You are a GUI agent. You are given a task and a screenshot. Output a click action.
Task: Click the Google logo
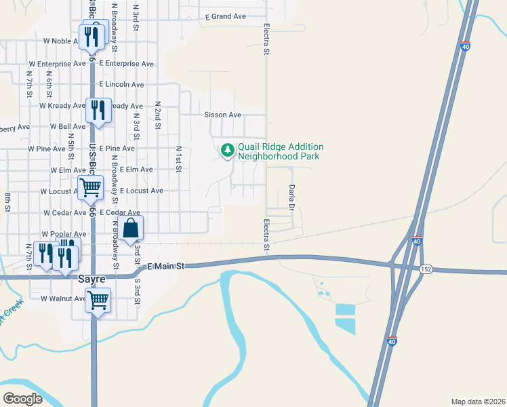pos(22,399)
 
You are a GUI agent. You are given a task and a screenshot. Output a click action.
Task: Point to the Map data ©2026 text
pos(478,402)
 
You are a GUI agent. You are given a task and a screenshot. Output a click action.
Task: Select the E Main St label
pos(165,267)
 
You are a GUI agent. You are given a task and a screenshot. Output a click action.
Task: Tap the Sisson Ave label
pos(223,115)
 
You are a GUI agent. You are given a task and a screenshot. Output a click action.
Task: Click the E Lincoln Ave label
pos(121,85)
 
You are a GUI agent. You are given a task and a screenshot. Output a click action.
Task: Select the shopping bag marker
pos(133,229)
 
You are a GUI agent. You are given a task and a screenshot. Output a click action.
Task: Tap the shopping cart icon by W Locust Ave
pos(89,187)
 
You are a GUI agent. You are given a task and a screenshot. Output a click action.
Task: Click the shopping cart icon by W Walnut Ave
pos(98,298)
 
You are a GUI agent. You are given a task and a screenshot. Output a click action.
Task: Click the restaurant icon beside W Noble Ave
pos(91,36)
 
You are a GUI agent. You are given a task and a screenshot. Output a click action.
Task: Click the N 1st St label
pos(179,158)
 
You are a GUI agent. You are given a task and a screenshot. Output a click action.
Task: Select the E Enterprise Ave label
pos(126,64)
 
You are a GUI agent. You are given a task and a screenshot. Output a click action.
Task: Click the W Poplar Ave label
pos(64,234)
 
